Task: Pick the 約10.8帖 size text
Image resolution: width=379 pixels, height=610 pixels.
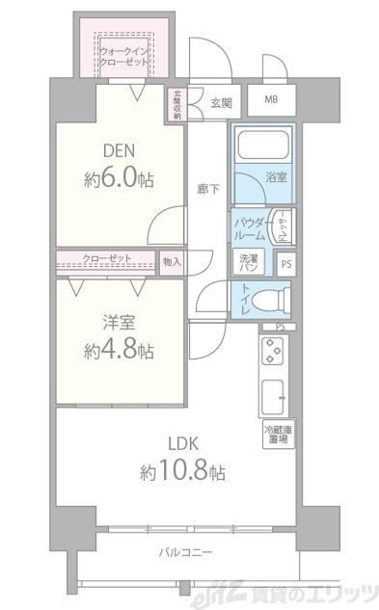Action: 182,473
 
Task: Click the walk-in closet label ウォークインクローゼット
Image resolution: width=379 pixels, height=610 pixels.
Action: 122,55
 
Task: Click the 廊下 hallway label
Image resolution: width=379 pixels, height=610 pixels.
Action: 209,189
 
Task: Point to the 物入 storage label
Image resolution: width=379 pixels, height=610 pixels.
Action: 171,261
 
